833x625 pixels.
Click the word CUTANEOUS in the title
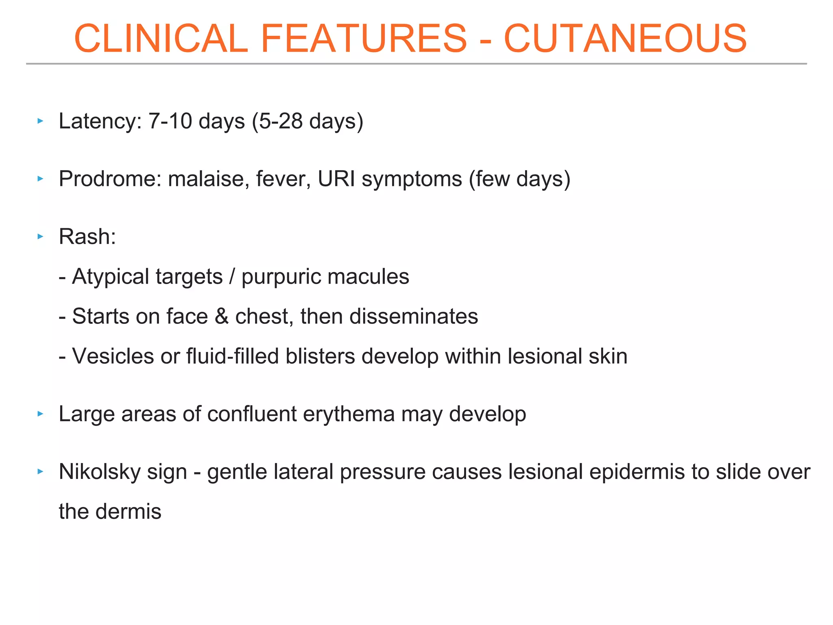[x=625, y=39]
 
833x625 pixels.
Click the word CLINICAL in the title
[x=161, y=39]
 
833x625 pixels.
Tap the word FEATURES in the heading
[x=364, y=39]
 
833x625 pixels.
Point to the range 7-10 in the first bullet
[x=170, y=121]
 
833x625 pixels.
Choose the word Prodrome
[x=110, y=179]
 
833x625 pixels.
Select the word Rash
[x=87, y=237]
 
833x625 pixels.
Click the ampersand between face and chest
[x=222, y=317]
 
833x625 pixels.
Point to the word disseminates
[x=414, y=317]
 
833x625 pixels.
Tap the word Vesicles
[x=113, y=356]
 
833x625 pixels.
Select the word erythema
[x=349, y=414]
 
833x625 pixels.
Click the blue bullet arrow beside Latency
[x=40, y=121]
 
